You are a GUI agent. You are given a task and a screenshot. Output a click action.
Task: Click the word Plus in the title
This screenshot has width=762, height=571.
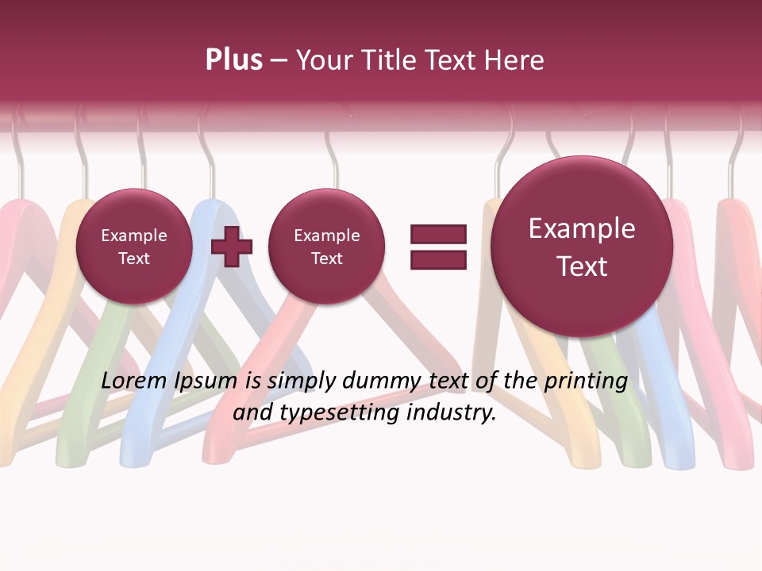233,60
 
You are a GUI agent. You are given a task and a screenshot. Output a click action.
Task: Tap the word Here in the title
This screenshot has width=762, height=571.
515,60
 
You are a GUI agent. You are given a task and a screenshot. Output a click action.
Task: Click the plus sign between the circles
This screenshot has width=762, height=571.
231,246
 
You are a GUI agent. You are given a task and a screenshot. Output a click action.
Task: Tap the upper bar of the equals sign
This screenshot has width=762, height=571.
438,234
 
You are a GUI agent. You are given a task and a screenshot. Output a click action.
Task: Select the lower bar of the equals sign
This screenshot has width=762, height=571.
438,259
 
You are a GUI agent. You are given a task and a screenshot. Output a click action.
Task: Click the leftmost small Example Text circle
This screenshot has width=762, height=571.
134,247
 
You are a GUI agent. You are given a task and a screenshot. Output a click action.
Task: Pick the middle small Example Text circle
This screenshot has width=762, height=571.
326,247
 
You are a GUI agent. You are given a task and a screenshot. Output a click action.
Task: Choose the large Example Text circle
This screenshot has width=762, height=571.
582,247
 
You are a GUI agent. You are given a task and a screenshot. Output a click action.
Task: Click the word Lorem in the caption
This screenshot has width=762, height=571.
135,381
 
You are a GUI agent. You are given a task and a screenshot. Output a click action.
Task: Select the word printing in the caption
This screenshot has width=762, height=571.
585,381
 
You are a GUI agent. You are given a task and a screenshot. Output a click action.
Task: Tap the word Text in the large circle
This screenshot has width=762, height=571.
582,266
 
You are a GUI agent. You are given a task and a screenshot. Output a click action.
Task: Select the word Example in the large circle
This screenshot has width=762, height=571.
582,228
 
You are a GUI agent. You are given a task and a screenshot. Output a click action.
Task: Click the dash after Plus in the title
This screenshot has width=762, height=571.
279,61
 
